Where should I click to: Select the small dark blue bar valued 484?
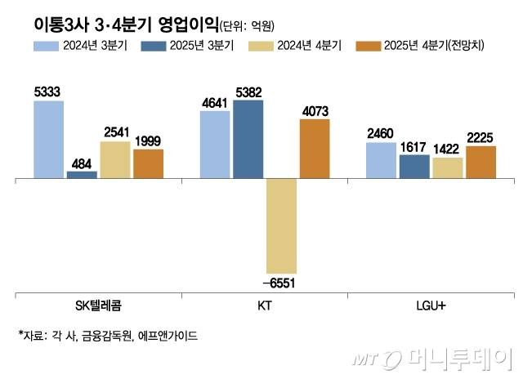pyautogui.click(x=82, y=174)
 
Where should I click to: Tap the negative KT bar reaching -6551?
pyautogui.click(x=281, y=225)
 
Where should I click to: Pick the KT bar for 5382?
pyautogui.click(x=248, y=138)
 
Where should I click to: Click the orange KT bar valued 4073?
pyautogui.click(x=314, y=148)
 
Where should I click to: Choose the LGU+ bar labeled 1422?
pyautogui.click(x=448, y=167)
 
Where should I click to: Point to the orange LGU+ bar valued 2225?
pyautogui.click(x=481, y=162)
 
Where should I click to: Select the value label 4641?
pyautogui.click(x=215, y=103)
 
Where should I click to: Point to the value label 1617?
pyautogui.click(x=414, y=146)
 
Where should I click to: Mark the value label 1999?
pyautogui.click(x=148, y=141)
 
